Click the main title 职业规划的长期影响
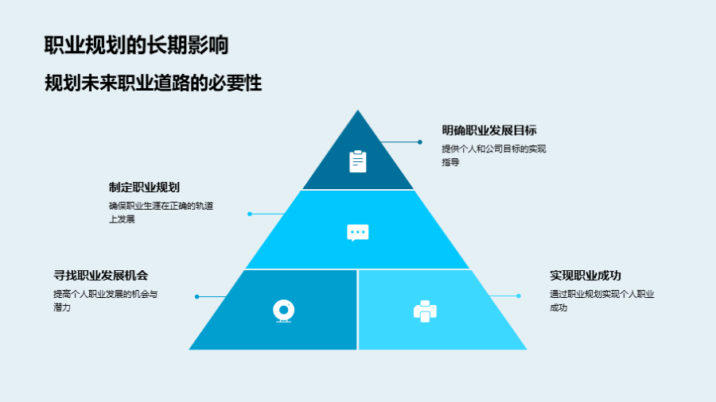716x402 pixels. coord(136,45)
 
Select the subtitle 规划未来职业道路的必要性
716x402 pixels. coord(153,83)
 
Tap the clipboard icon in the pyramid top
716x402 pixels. coord(357,161)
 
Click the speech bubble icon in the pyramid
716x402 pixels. coord(357,233)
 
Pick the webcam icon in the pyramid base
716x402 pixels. coord(283,311)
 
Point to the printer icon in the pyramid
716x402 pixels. coord(425,311)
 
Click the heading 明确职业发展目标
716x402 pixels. coord(489,130)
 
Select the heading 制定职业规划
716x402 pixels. coord(144,187)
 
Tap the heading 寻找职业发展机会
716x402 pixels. coord(101,276)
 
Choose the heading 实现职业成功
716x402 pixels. coord(586,276)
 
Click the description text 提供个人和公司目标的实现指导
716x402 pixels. coord(493,156)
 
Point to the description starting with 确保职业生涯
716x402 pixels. coord(161,212)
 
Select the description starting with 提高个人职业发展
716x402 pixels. coord(106,301)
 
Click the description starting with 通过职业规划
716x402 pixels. coord(602,301)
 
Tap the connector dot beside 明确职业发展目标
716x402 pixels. coord(419,142)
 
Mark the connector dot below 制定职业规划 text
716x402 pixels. coord(250,214)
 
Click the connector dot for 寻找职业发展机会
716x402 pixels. coord(197,296)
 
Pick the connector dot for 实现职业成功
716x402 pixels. coord(519,296)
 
